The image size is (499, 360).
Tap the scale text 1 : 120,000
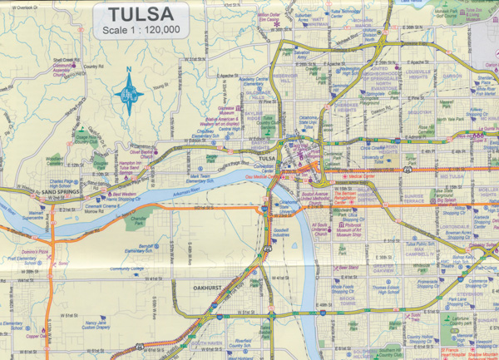click(x=139, y=32)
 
